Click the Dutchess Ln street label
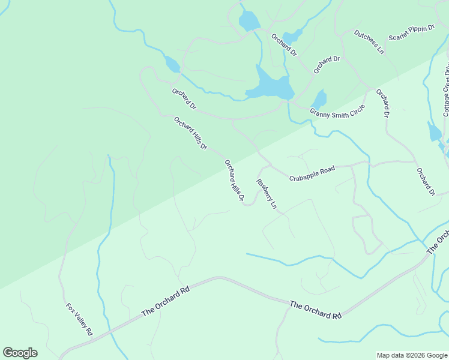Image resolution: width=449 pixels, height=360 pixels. click(369, 42)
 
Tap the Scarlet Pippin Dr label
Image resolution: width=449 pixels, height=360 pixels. click(412, 33)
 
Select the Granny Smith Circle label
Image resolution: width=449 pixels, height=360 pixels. click(337, 112)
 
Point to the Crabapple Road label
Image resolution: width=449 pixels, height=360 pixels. click(312, 174)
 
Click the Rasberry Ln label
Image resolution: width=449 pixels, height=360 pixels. click(267, 193)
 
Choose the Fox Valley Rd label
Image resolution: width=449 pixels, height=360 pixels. click(79, 319)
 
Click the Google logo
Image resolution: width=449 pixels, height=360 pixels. click(20, 353)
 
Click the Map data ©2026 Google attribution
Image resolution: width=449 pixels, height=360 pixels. click(412, 355)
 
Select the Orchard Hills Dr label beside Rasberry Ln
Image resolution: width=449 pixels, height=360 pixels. click(234, 180)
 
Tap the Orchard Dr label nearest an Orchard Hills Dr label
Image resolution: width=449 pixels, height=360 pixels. click(184, 100)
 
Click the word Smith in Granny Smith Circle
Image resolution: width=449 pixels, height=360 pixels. click(340, 112)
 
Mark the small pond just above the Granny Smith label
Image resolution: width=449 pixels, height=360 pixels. click(320, 98)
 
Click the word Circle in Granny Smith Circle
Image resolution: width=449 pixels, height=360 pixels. click(357, 110)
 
